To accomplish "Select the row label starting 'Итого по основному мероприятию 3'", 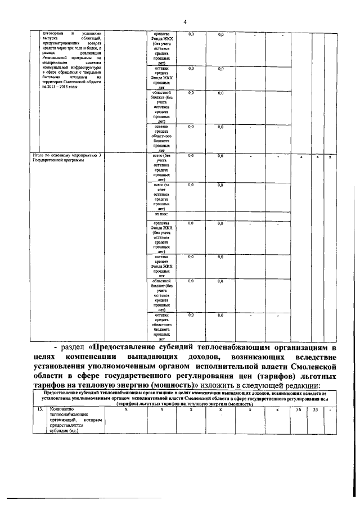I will (x=67, y=155).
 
